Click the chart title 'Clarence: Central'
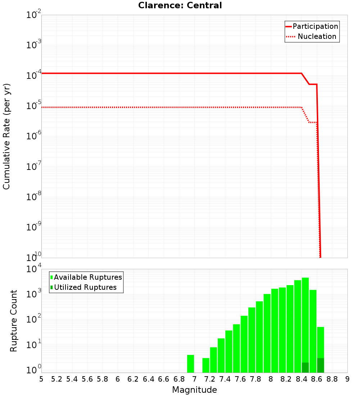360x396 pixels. click(x=180, y=5)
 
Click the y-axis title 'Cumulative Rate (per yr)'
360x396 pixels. click(x=6, y=136)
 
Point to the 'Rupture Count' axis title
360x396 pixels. click(x=14, y=321)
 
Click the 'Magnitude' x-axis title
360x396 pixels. click(x=194, y=390)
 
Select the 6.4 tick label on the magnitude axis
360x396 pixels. click(x=148, y=379)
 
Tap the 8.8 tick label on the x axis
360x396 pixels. click(x=332, y=379)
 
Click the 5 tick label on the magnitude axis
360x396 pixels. click(x=41, y=379)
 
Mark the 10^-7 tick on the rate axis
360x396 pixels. click(x=34, y=167)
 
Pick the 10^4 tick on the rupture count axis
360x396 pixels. click(x=34, y=269)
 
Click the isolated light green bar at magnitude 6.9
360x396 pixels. click(x=190, y=364)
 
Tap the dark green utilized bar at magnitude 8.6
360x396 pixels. click(x=321, y=365)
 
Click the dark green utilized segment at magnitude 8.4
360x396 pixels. click(x=305, y=368)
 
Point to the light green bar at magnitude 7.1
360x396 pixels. click(x=206, y=365)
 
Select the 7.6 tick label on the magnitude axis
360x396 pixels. click(x=240, y=379)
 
